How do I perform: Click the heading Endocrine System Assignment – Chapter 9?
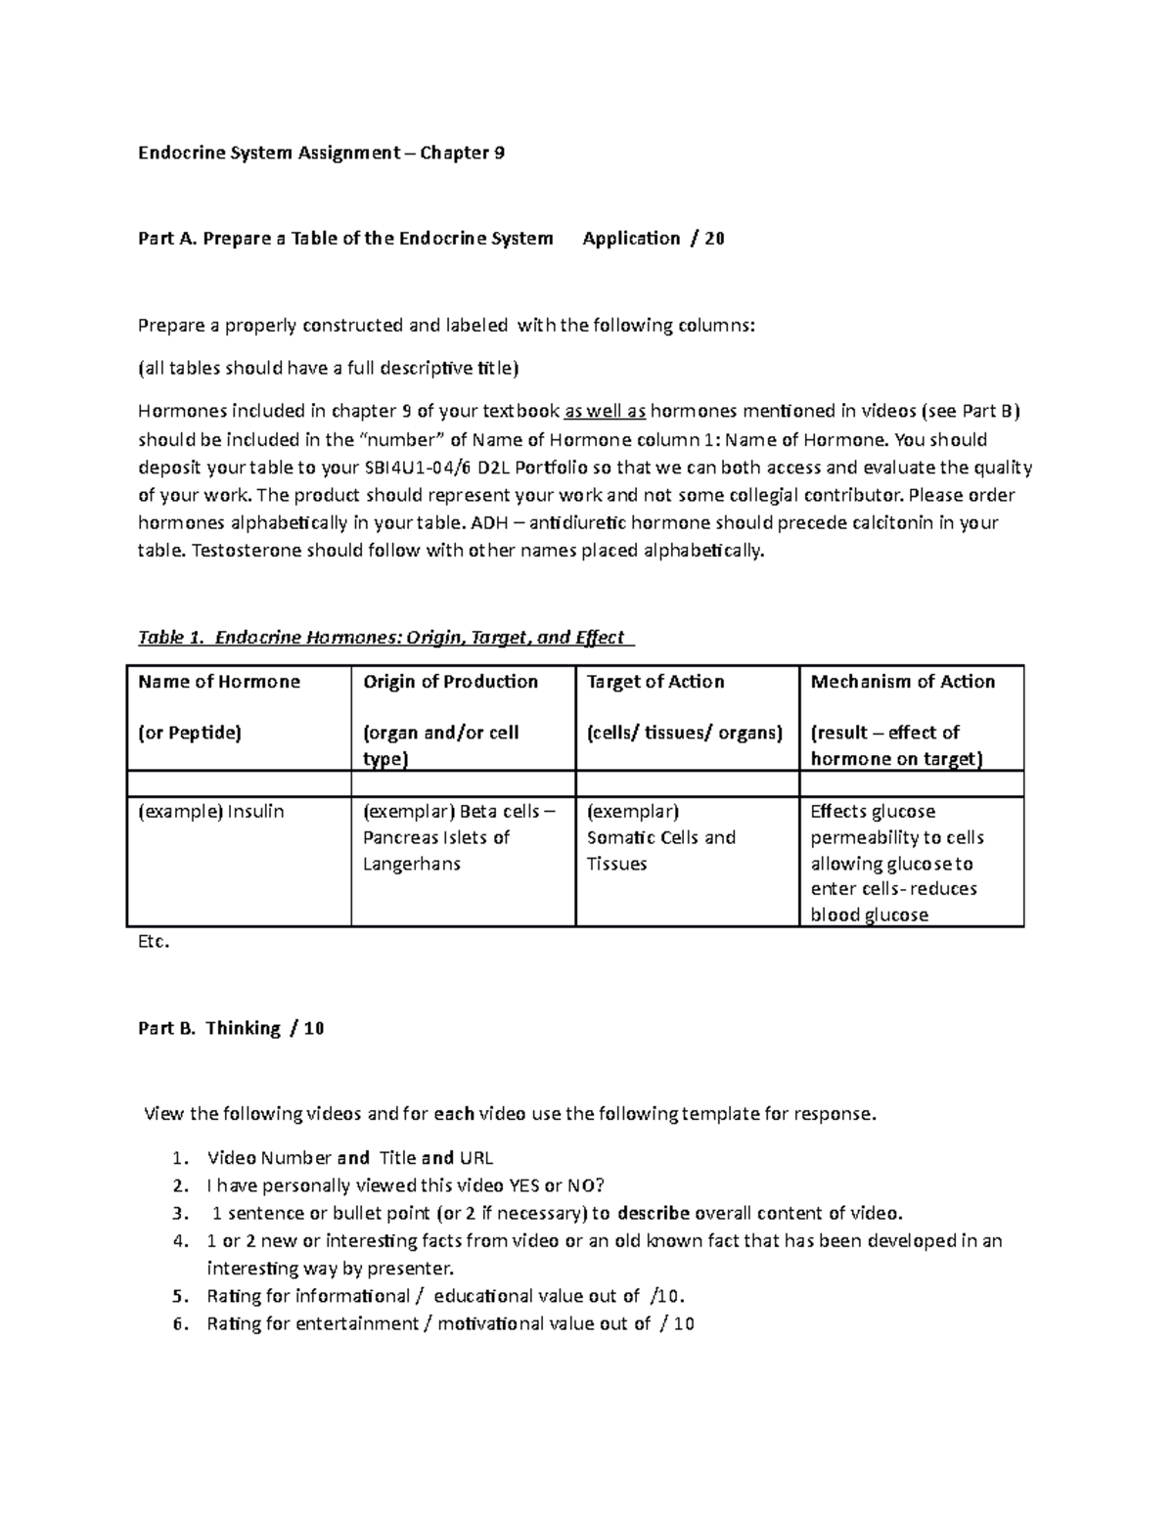tap(321, 153)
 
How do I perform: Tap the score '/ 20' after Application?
tap(707, 239)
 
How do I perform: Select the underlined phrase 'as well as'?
tap(606, 412)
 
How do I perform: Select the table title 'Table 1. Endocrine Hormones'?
tap(382, 638)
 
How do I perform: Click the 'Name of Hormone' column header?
tap(219, 682)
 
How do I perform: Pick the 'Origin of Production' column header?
tap(450, 682)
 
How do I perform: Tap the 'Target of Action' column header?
tap(655, 682)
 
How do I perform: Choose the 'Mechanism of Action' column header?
tap(902, 682)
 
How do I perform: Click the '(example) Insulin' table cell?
tap(211, 812)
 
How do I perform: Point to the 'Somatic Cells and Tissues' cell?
tap(660, 838)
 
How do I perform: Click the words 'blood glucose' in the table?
tap(869, 916)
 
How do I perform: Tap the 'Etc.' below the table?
tap(154, 943)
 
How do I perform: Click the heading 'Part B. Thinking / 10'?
tap(232, 1028)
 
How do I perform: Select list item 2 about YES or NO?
tap(406, 1185)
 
